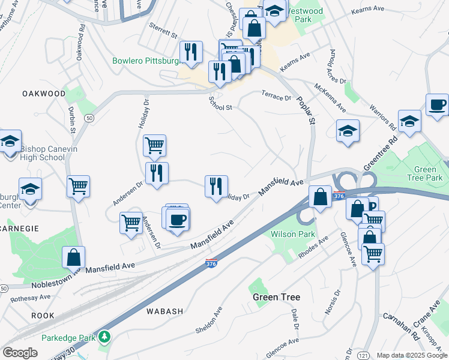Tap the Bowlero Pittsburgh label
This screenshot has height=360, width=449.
[146, 61]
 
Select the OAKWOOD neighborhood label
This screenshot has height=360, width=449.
[44, 94]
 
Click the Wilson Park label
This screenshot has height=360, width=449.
[284, 233]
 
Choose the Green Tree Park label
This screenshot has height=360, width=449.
[425, 173]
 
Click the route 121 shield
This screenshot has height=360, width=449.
[365, 356]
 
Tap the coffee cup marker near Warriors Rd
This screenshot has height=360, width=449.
[437, 104]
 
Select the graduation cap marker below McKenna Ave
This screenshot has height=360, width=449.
[348, 131]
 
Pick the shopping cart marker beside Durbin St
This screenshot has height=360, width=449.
[78, 186]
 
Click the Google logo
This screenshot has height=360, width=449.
[20, 353]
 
